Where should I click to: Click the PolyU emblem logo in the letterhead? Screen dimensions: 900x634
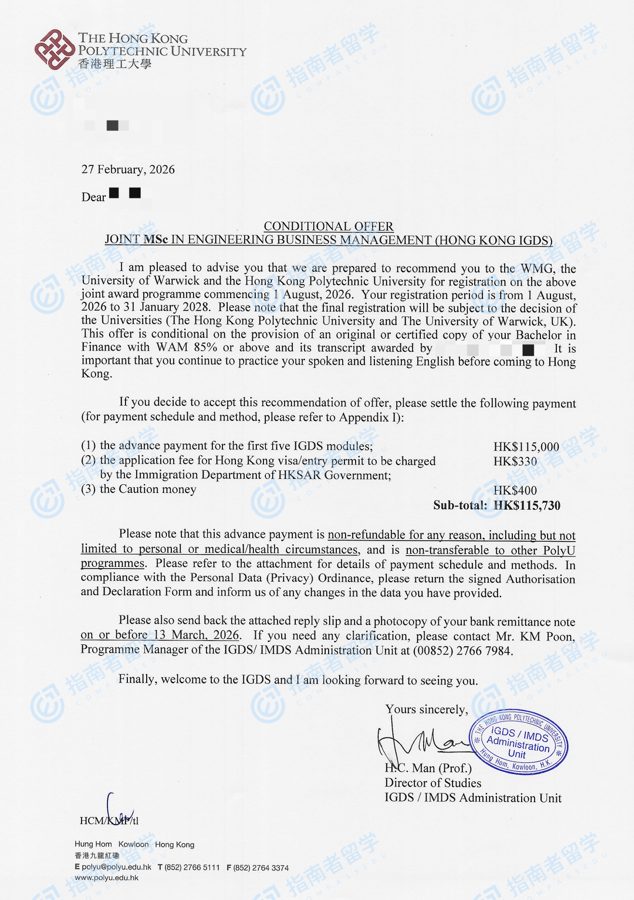pos(55,49)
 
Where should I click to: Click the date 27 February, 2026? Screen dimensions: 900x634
pos(128,169)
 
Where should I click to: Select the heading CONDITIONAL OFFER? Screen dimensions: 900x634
pos(328,226)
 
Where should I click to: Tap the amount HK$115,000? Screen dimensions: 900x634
pos(526,447)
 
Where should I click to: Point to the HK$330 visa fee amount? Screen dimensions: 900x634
pos(515,462)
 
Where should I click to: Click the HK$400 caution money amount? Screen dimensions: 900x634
pos(515,491)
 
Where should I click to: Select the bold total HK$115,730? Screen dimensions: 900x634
pos(527,505)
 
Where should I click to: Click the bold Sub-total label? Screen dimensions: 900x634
pos(460,505)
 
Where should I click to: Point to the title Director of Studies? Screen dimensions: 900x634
pos(433,783)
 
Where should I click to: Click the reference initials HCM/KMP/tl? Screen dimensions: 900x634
pos(109,820)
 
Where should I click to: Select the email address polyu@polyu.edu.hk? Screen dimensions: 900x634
pos(116,867)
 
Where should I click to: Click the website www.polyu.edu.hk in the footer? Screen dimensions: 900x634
pos(107,878)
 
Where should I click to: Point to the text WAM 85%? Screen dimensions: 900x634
pos(186,347)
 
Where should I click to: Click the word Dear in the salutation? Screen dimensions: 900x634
pos(94,197)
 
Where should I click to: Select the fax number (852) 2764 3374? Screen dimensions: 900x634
pos(261,868)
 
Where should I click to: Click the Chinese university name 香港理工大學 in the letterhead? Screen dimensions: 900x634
pos(115,64)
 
